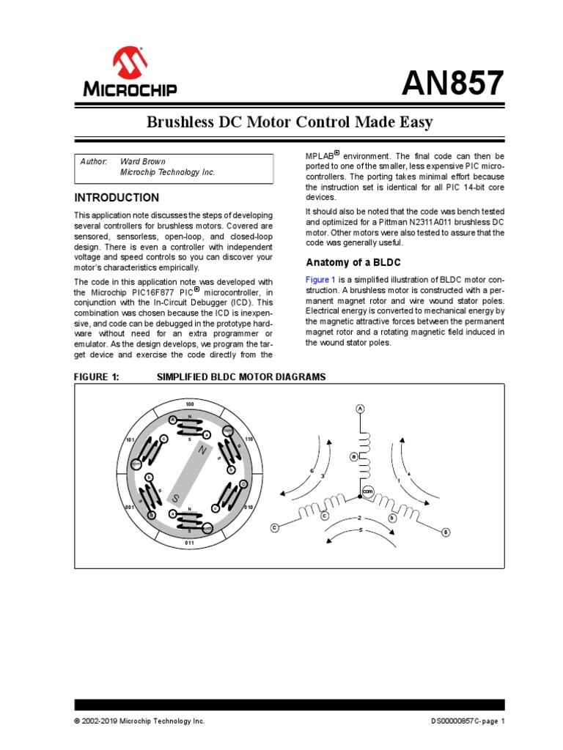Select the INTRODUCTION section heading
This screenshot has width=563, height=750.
point(117,198)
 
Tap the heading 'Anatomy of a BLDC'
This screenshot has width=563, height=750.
point(353,262)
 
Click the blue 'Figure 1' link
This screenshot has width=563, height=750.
point(320,279)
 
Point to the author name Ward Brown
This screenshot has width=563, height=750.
point(142,161)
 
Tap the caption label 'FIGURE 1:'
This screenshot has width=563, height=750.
point(96,376)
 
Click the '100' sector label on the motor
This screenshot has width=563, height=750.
point(189,405)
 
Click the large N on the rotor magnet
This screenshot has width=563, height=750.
point(203,453)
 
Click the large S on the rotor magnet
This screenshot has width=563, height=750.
point(176,498)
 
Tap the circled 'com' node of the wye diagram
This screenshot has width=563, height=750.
point(368,491)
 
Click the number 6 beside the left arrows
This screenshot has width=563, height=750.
point(312,470)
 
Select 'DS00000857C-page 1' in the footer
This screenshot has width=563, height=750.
point(468,721)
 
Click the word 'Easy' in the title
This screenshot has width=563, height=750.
point(414,122)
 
